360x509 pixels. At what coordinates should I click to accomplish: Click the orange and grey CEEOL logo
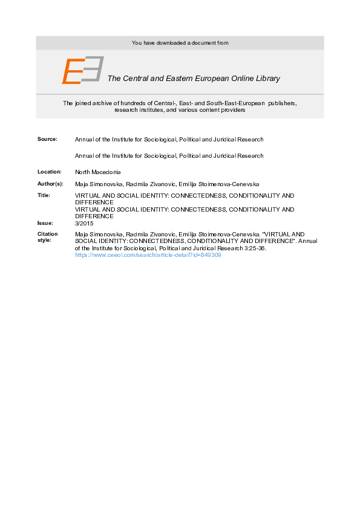click(83, 70)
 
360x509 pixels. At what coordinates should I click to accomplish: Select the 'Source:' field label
click(47, 139)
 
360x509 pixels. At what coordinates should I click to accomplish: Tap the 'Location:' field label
click(50, 172)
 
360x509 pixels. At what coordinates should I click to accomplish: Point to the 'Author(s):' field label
click(51, 183)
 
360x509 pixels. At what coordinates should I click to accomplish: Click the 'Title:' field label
click(44, 195)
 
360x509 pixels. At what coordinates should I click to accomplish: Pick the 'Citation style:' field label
click(48, 236)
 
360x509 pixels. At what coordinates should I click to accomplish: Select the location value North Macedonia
click(97, 172)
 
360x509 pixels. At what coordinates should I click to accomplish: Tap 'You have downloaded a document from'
click(180, 43)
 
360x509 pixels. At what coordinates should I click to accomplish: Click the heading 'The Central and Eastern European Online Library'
click(194, 79)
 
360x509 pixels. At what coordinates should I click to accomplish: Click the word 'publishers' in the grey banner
click(281, 103)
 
